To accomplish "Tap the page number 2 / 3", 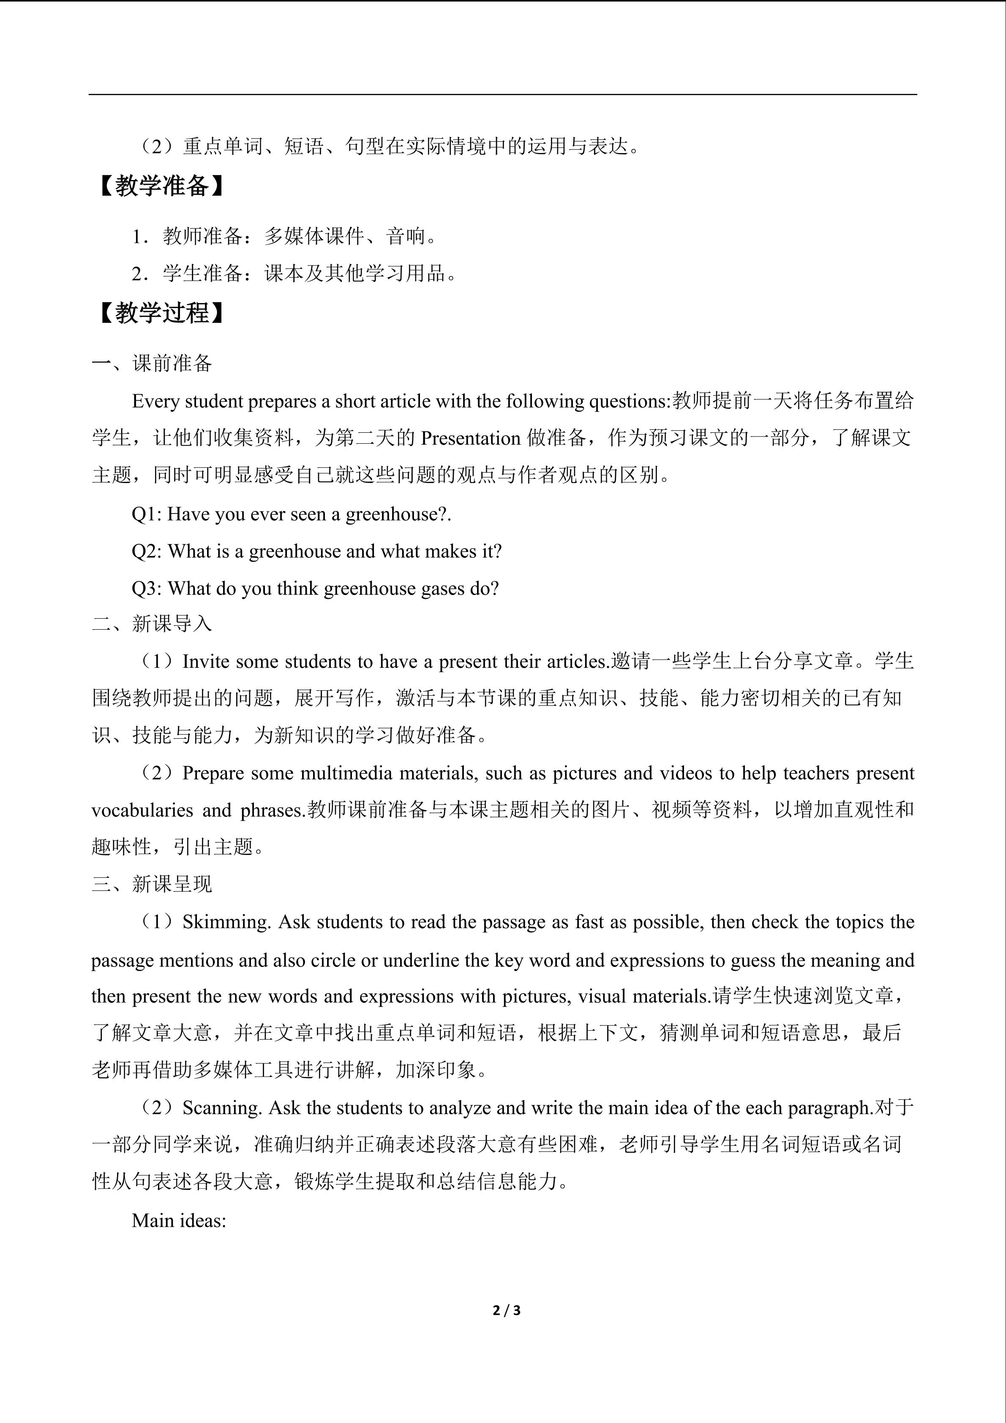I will [x=506, y=1310].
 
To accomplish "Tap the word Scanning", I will [x=223, y=1108].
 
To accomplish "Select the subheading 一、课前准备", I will [x=152, y=363].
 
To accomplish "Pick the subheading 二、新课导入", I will [x=152, y=623].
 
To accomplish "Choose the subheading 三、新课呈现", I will [x=152, y=884].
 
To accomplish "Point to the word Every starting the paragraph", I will [x=155, y=401].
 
